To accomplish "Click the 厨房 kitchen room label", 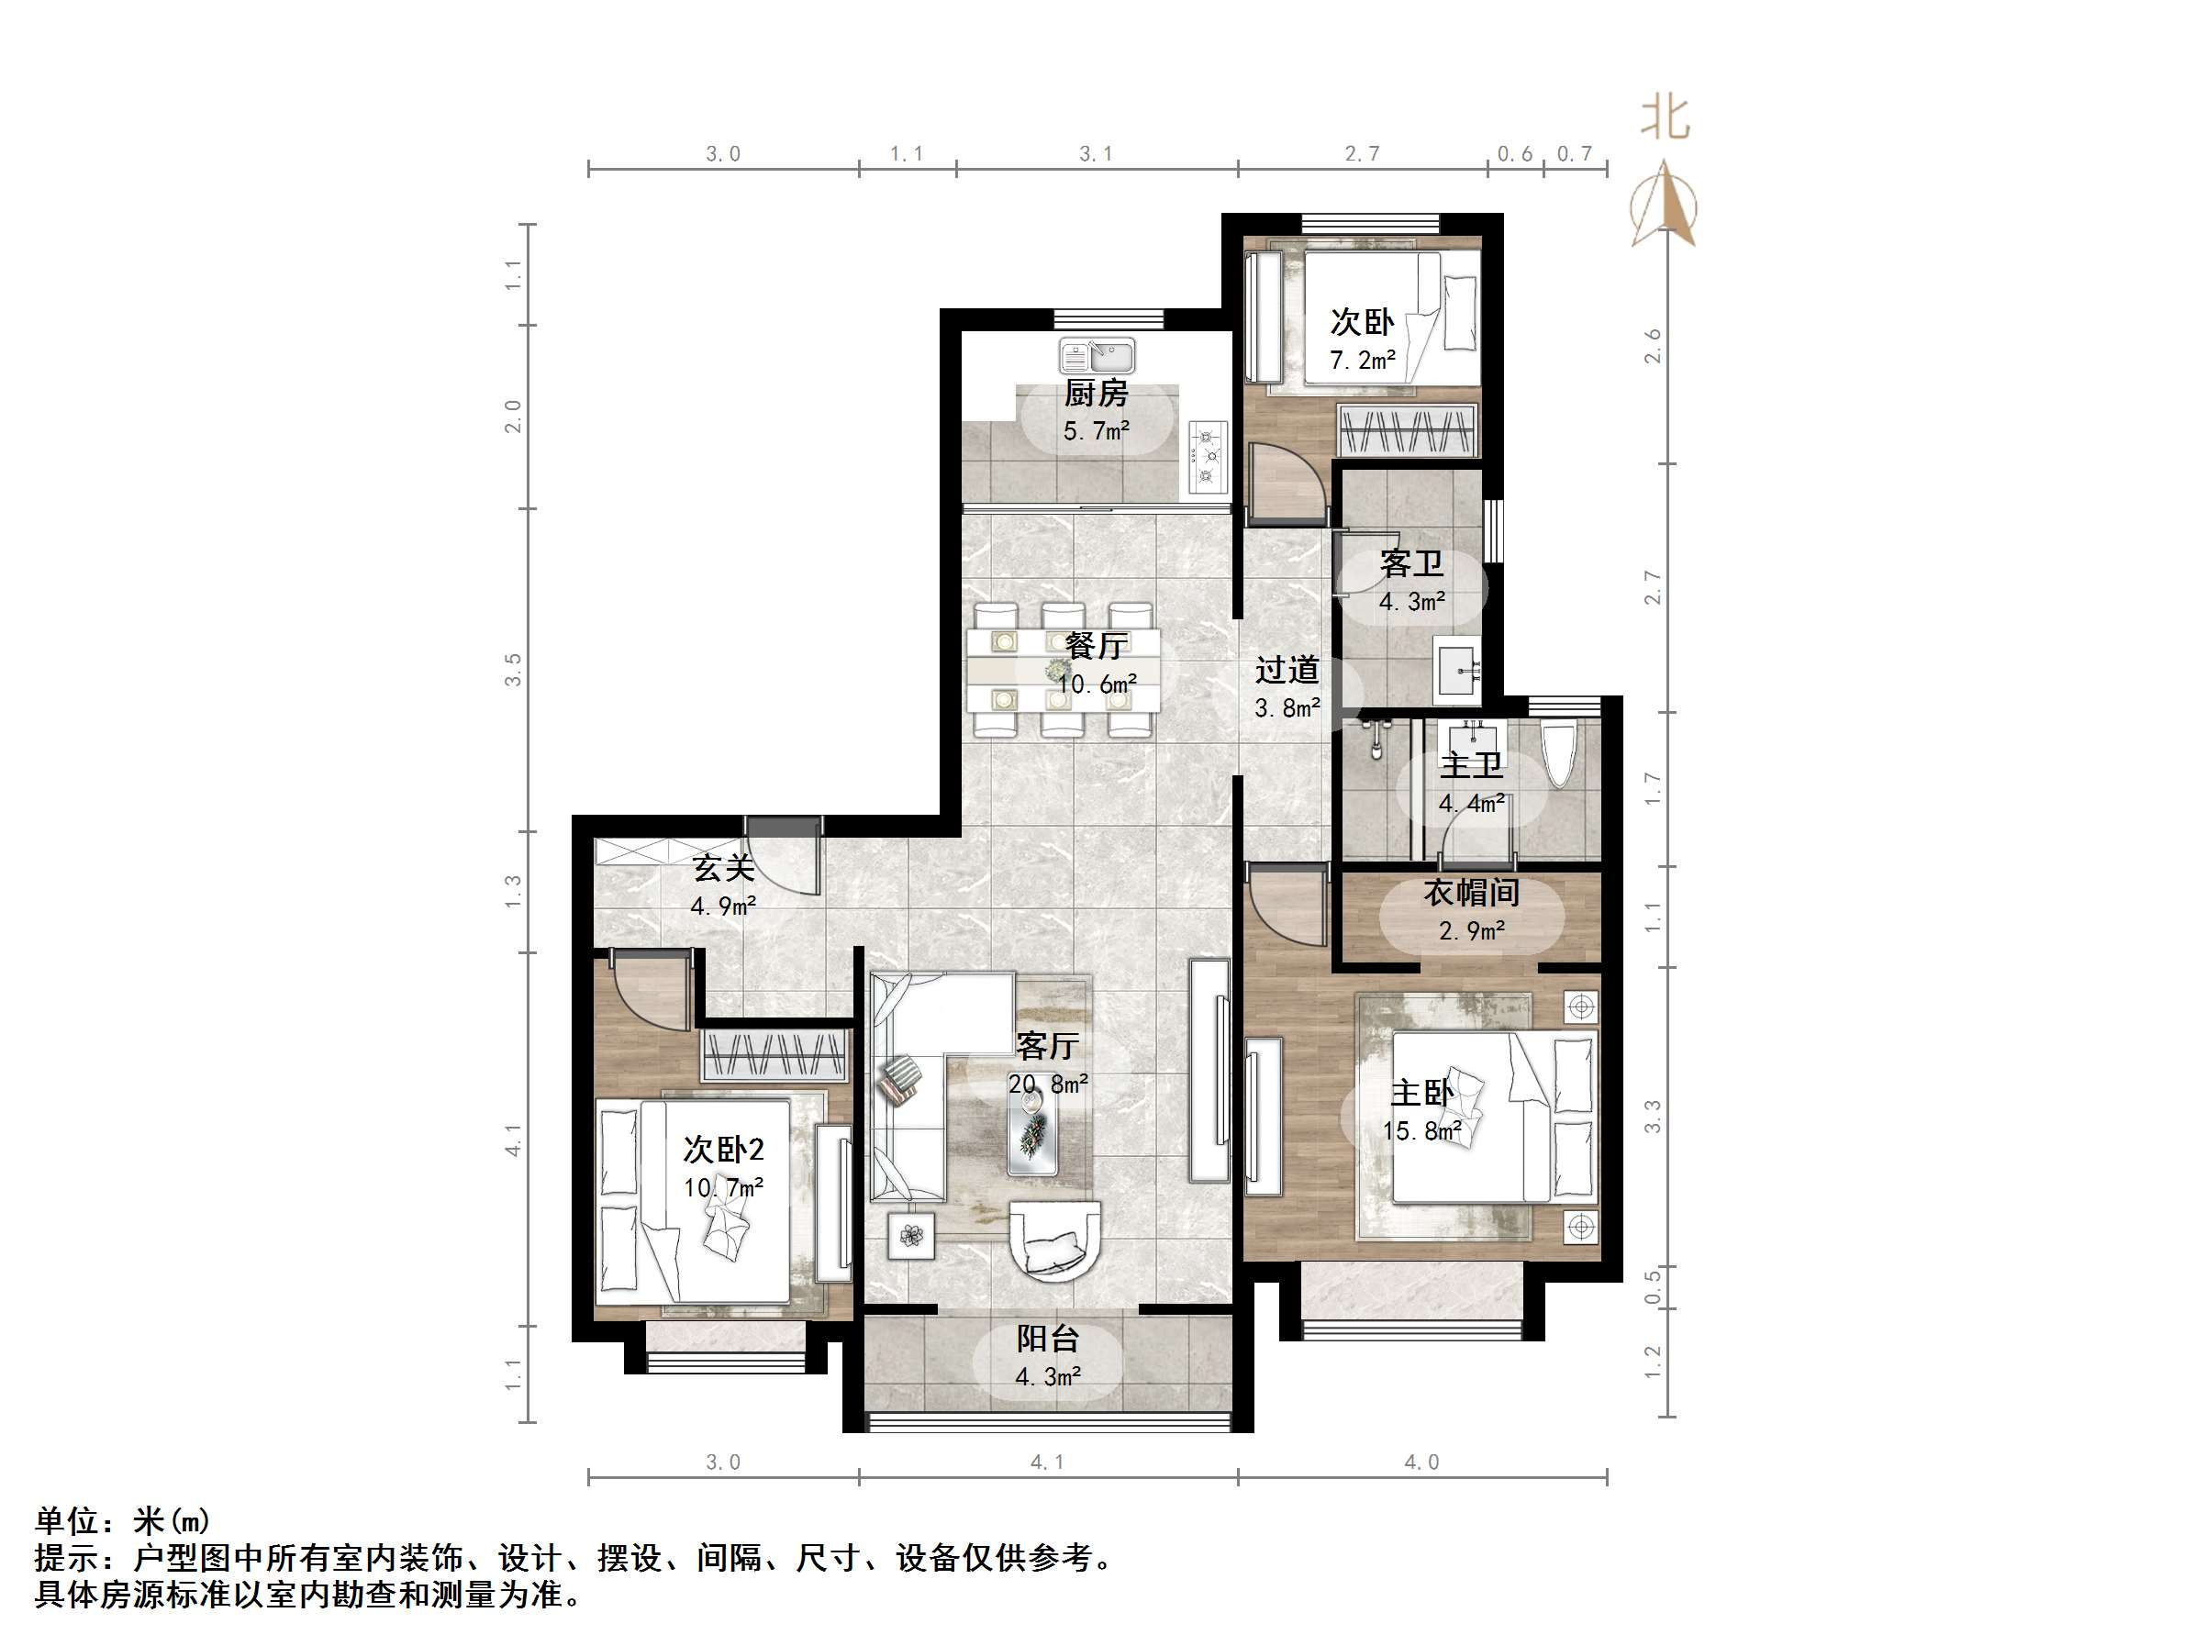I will coord(1096,394).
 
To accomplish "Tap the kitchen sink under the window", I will coord(1097,355).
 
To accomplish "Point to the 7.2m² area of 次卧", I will coord(1363,361).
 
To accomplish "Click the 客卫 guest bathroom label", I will coord(1411,564).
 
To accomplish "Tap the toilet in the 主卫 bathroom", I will coord(1559,754).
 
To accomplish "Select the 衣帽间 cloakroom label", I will coord(1471,893).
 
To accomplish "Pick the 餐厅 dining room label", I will coord(1096,647).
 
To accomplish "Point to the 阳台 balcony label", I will coord(1047,1340).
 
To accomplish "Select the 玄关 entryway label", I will coord(723,869).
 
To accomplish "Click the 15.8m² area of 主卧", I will coord(1421,1132).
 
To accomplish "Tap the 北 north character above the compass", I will coord(1664,118).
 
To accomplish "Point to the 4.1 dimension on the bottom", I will coord(1047,1462).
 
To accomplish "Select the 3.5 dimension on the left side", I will coord(512,670).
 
